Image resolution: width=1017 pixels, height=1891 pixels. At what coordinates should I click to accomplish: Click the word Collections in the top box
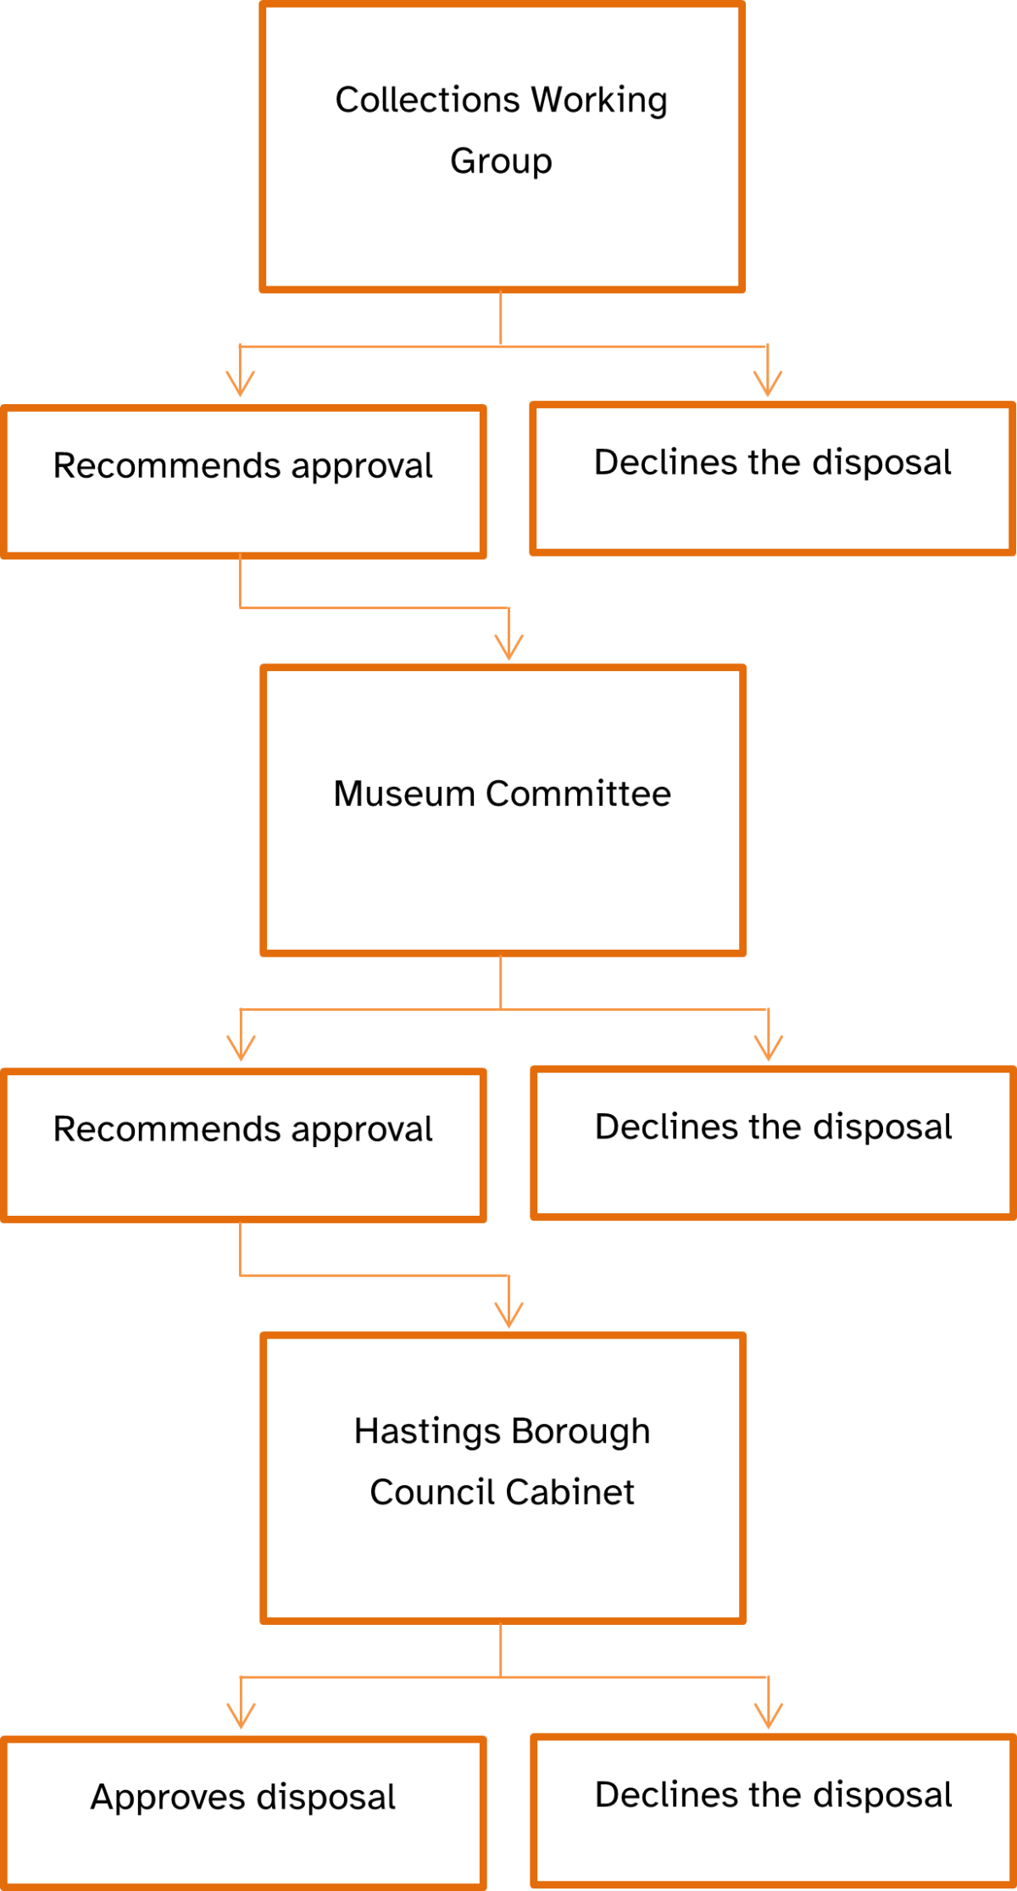(428, 100)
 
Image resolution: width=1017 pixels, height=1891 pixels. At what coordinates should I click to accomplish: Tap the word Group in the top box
(501, 161)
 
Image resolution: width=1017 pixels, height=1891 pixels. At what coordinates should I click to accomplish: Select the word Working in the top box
(599, 100)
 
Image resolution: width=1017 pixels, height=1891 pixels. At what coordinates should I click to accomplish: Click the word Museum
(404, 794)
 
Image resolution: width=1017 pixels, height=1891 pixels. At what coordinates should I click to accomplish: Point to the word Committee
(579, 794)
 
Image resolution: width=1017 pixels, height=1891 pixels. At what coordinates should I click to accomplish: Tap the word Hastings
(427, 1432)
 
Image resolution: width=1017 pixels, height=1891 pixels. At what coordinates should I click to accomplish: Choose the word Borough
(581, 1432)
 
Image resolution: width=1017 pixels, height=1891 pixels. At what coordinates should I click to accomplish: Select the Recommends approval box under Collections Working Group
(243, 482)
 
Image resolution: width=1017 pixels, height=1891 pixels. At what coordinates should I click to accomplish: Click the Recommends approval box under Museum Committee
(243, 1145)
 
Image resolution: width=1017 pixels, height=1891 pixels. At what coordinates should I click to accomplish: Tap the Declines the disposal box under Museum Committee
(773, 1143)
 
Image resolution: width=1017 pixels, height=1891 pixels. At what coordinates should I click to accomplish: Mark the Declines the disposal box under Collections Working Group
(773, 479)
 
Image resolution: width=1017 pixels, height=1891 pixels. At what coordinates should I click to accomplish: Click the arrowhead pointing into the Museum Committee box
(509, 648)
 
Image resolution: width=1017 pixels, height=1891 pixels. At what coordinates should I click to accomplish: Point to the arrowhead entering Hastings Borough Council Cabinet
(509, 1316)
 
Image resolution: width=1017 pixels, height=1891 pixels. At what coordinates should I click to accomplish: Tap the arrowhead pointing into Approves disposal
(242, 1716)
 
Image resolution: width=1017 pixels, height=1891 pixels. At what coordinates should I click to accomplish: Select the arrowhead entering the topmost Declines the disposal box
(768, 385)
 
